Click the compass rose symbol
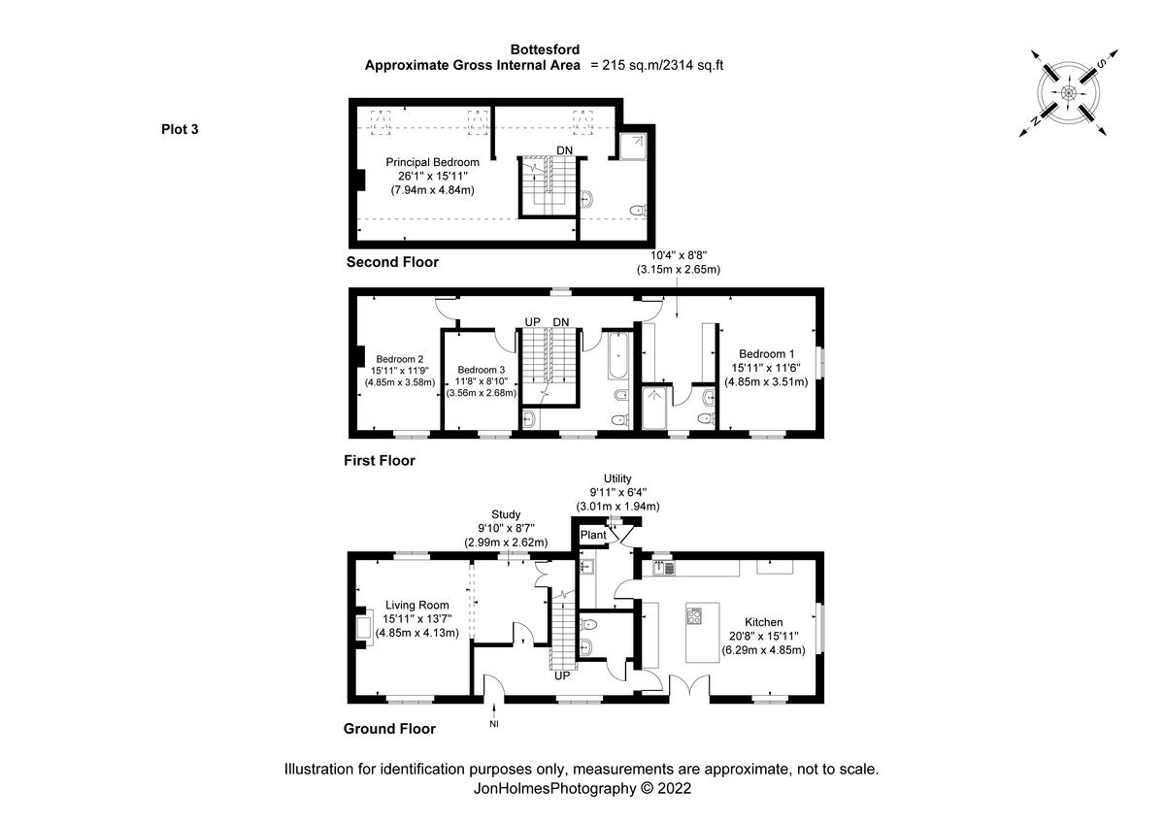tap(1068, 92)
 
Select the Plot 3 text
tap(180, 129)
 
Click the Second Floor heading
tap(392, 262)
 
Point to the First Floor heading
tap(379, 461)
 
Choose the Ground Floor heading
tap(389, 729)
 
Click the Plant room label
tap(592, 535)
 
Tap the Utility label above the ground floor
tap(617, 478)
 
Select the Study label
tap(506, 514)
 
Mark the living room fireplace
tap(363, 626)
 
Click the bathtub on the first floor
tap(617, 356)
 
